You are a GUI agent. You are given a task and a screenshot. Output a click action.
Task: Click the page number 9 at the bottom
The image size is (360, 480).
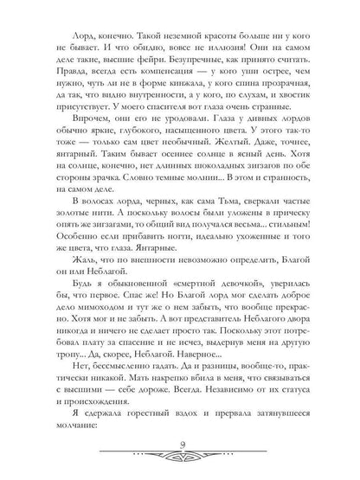point(179,447)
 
